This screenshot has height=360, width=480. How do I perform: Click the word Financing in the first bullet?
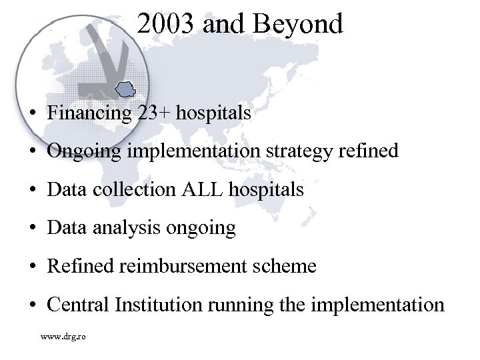point(90,113)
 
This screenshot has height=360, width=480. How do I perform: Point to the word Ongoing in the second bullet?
point(83,151)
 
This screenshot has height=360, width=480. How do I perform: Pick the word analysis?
point(125,228)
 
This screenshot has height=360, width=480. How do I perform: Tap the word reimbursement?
point(187,267)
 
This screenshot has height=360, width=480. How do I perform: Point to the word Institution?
point(159,305)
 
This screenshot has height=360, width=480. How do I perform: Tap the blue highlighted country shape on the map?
point(125,87)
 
